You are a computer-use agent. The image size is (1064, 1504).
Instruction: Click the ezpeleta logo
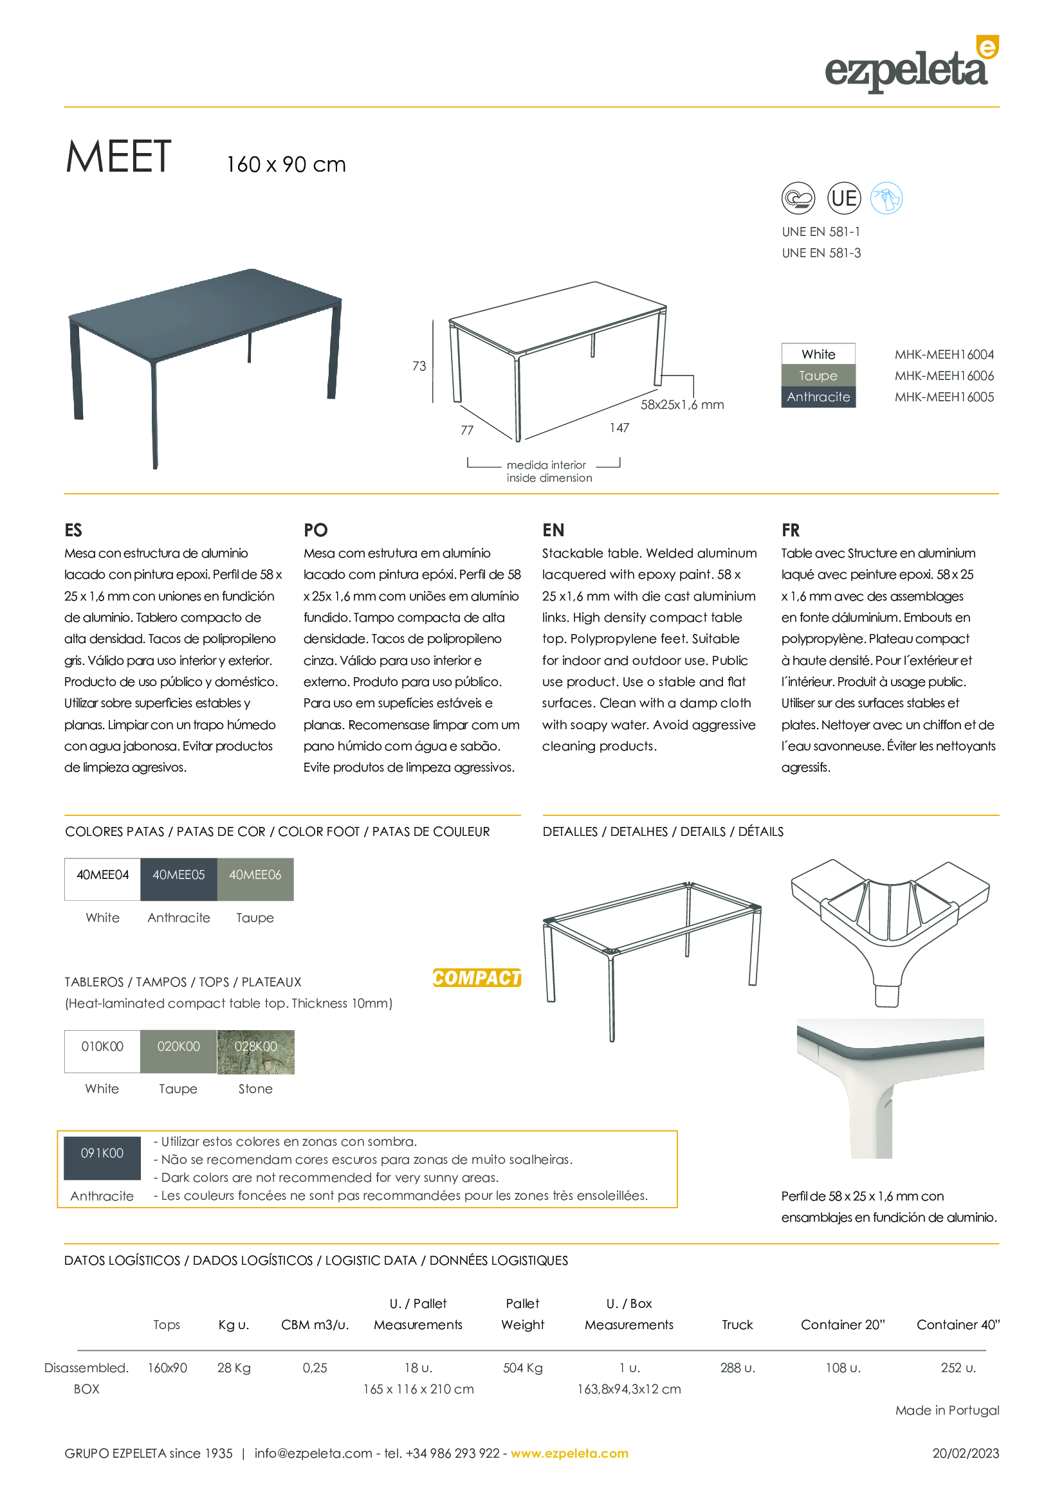[x=911, y=66]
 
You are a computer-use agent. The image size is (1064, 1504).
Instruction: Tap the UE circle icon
[x=844, y=198]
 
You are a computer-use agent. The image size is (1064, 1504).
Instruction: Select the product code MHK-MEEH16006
[x=944, y=376]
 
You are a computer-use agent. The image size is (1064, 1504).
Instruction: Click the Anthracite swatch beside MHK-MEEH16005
[x=818, y=397]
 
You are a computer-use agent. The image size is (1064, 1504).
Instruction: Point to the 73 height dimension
[x=419, y=366]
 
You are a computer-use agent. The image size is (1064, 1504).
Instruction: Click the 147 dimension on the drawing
[x=619, y=428]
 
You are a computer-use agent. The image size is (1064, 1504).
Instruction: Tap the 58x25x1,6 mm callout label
[x=682, y=405]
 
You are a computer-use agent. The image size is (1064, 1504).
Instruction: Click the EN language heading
[x=553, y=530]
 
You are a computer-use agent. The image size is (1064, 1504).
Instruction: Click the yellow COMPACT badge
[x=477, y=978]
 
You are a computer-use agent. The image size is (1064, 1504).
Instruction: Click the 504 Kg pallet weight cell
[x=523, y=1368]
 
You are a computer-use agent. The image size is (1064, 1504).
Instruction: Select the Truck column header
[x=737, y=1325]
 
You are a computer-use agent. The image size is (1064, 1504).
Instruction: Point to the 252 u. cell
[x=958, y=1368]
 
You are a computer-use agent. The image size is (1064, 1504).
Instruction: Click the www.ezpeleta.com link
[x=569, y=1454]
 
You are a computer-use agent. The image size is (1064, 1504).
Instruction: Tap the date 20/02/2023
[x=966, y=1454]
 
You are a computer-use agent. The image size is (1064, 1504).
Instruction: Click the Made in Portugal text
[x=948, y=1410]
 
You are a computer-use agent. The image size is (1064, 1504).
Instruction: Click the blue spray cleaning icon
[x=886, y=198]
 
